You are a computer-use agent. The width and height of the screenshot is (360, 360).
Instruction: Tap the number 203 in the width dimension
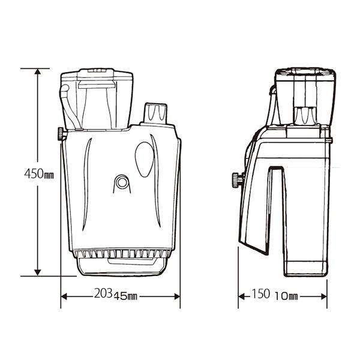tap(103, 295)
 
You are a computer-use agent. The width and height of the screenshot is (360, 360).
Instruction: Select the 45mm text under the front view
tap(126, 296)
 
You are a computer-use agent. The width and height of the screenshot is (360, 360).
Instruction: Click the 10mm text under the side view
tap(287, 296)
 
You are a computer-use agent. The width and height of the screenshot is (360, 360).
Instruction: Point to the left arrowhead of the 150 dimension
tap(242, 296)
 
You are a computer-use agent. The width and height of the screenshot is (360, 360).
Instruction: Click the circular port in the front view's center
tap(122, 182)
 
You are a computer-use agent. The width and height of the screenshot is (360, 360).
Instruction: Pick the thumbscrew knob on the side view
tap(236, 179)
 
